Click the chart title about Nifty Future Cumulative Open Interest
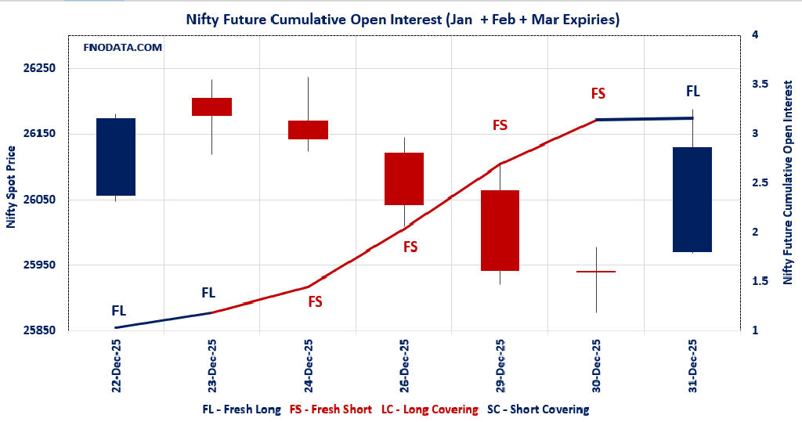click(402, 20)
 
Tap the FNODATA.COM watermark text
click(123, 48)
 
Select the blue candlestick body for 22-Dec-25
click(116, 157)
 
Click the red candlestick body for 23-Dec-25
click(211, 106)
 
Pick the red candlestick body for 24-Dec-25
click(308, 130)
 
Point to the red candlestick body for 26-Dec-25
click(403, 179)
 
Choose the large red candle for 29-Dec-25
click(500, 230)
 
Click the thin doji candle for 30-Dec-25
click(596, 272)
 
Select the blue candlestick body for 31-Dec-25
click(692, 200)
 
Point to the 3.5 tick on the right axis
click(759, 85)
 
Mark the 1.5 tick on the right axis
click(759, 282)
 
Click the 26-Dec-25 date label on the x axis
click(404, 366)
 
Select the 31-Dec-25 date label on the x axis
click(692, 366)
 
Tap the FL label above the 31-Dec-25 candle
click(693, 92)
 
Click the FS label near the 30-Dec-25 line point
click(598, 94)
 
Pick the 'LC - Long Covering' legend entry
click(429, 409)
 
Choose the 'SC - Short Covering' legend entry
click(537, 409)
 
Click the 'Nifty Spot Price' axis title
click(11, 186)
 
